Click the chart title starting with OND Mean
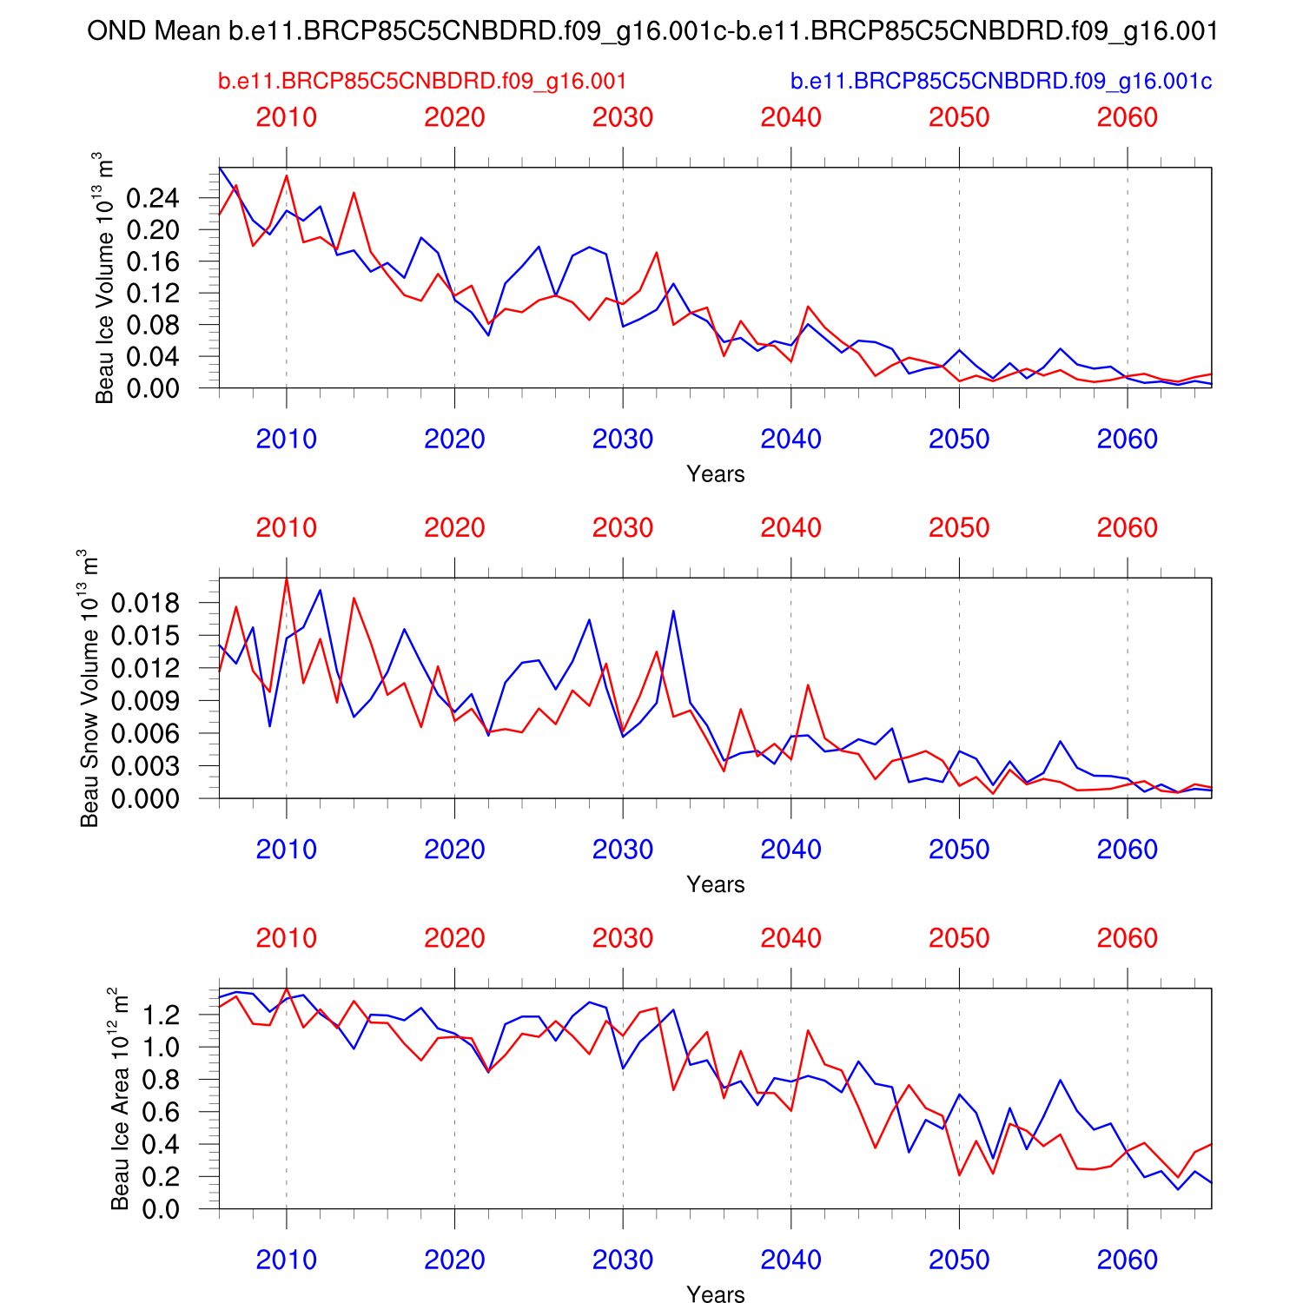click(651, 31)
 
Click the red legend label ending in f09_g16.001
click(422, 82)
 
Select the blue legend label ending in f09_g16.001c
click(1001, 82)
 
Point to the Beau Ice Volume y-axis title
click(103, 278)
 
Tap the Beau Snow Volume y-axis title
click(89, 687)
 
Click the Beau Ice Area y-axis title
click(119, 1098)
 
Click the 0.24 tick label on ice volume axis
click(153, 199)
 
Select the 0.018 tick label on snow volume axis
click(145, 603)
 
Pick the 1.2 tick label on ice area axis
click(161, 1015)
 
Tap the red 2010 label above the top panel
click(287, 117)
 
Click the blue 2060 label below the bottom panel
click(1127, 1260)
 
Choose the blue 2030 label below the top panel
click(622, 440)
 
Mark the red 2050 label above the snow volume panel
click(959, 528)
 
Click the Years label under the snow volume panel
click(715, 884)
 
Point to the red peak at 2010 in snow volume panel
click(287, 579)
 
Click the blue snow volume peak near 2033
click(673, 611)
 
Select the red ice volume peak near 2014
click(354, 193)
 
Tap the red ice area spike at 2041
click(808, 1030)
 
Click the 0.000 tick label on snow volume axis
click(145, 798)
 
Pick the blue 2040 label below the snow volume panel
click(790, 850)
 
